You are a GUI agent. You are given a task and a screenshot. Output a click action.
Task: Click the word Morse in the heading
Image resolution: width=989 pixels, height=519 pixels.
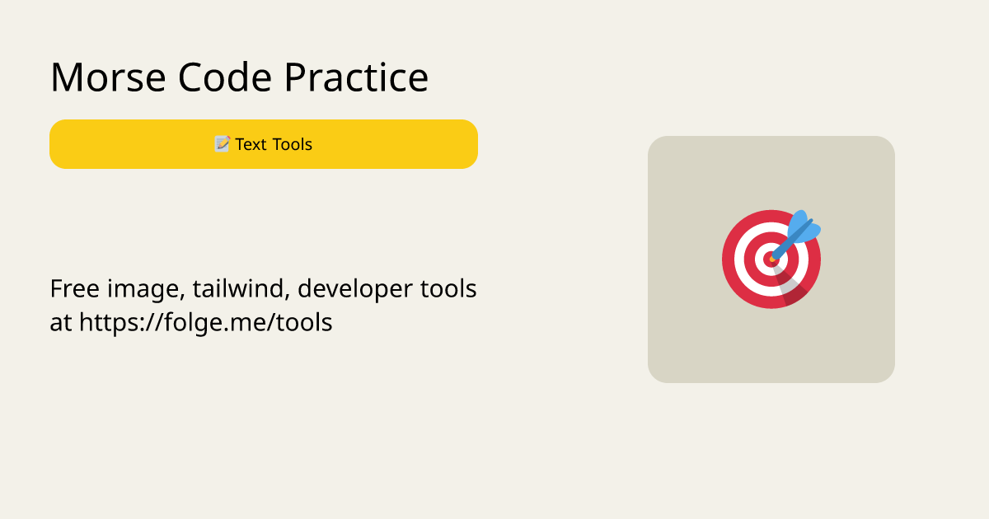tap(108, 77)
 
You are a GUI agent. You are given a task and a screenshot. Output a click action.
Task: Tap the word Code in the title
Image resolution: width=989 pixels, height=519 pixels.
tap(225, 77)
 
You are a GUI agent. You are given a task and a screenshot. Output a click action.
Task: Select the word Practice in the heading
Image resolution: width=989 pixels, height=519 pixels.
tap(356, 77)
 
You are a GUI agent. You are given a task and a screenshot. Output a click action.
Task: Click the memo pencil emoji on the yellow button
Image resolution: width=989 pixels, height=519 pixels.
tap(222, 144)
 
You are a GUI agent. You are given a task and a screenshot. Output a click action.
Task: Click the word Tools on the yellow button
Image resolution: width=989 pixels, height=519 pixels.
tap(293, 144)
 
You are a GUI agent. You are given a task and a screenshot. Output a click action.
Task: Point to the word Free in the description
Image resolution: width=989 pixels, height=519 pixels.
tap(75, 289)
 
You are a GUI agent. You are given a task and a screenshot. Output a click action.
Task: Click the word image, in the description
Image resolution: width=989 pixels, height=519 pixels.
tap(146, 290)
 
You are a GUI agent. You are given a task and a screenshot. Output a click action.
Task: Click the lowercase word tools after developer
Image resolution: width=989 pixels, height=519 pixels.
tap(448, 289)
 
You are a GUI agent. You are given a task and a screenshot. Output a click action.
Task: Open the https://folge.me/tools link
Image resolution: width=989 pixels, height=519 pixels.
tap(206, 323)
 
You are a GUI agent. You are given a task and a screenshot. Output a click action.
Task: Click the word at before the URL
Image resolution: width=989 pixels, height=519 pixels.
tap(60, 323)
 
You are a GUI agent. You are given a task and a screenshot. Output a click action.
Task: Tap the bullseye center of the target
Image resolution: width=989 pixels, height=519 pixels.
tap(771, 259)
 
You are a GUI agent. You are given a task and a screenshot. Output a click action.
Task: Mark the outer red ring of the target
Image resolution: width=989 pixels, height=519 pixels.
tap(728, 259)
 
